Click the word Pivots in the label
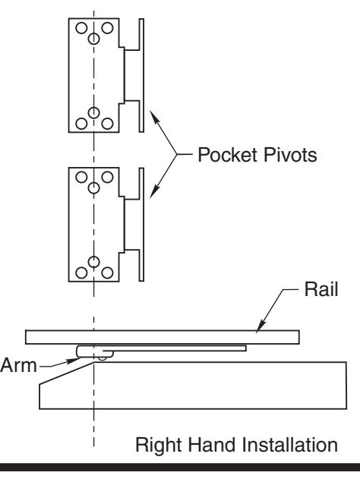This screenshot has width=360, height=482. point(289,155)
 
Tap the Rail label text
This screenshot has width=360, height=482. point(321,289)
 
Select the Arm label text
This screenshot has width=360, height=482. point(18,365)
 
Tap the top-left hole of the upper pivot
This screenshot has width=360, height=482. point(81,28)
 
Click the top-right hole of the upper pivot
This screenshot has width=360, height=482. point(107,28)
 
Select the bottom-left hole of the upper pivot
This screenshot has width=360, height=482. point(81,124)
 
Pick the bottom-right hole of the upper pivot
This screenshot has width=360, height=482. point(107,124)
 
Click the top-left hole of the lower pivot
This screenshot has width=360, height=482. point(81,177)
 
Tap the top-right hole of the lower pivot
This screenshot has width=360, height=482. point(107,177)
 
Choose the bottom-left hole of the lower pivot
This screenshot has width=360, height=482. point(81,273)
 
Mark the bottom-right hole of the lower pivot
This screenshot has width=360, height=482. point(107,273)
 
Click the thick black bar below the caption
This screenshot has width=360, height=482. point(180,468)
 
